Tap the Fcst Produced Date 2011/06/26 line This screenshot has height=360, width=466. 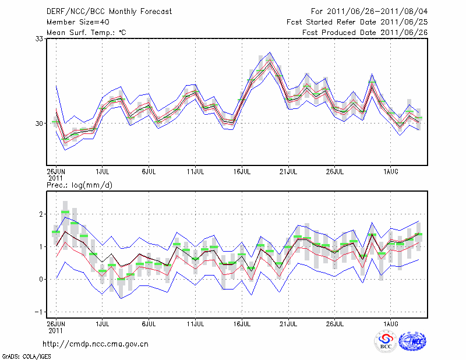(365, 32)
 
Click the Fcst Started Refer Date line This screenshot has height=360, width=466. (356, 22)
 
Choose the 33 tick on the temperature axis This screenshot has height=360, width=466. (40, 39)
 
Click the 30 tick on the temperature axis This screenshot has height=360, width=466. (40, 123)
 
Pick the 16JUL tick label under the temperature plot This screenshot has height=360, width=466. (242, 172)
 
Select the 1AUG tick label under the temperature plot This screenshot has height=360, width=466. (391, 172)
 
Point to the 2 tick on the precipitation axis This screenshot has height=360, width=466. (41, 214)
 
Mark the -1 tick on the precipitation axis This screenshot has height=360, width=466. (40, 312)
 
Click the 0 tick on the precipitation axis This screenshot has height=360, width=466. (41, 279)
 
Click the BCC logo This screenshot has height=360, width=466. (385, 341)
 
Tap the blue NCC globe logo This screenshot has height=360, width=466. (412, 341)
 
